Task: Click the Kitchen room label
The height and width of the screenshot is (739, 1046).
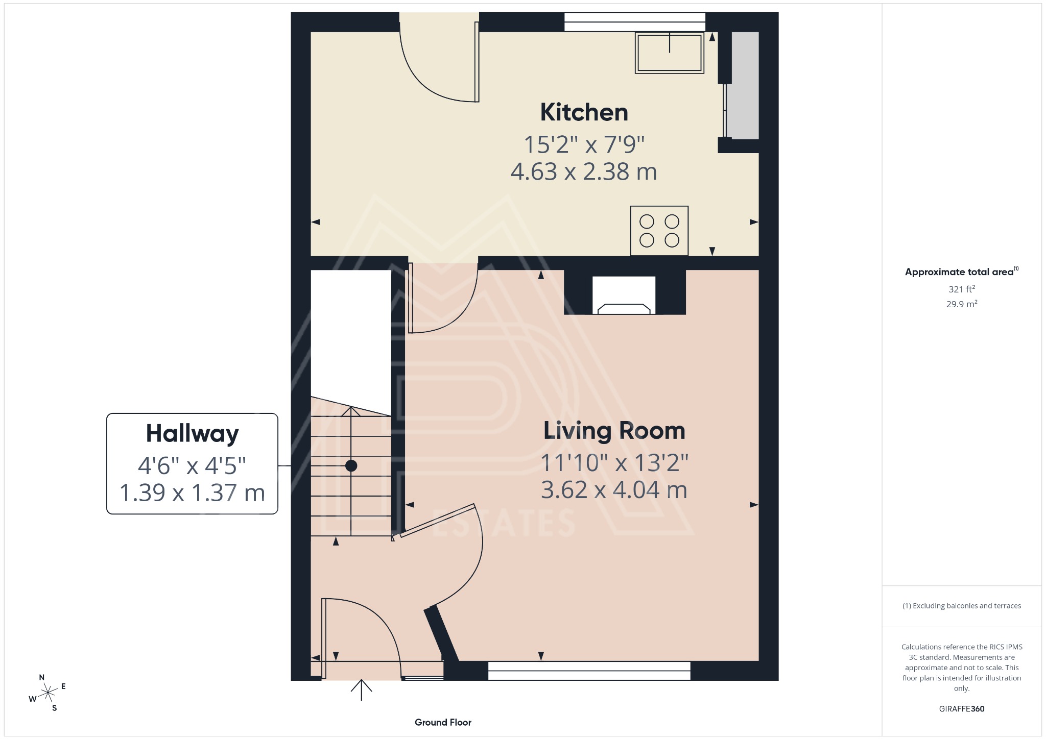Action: pyautogui.click(x=584, y=112)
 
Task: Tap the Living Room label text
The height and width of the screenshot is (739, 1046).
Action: pyautogui.click(x=614, y=431)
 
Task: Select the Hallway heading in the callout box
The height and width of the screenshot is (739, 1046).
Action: pyautogui.click(x=192, y=434)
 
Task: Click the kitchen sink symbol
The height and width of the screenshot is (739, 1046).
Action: pyautogui.click(x=669, y=53)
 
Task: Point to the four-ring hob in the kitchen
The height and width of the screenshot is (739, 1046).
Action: pyautogui.click(x=659, y=231)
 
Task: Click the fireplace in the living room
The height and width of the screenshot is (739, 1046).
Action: pyautogui.click(x=624, y=296)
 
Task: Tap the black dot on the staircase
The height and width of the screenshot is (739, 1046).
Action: pyautogui.click(x=351, y=465)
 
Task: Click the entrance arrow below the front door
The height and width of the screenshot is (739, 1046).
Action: pyautogui.click(x=361, y=689)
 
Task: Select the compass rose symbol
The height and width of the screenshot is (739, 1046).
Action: pyautogui.click(x=48, y=693)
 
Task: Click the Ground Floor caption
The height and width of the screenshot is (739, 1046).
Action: pyautogui.click(x=443, y=722)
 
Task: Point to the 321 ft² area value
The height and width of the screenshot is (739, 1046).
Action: pyautogui.click(x=962, y=289)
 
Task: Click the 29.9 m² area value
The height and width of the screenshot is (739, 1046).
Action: pyautogui.click(x=962, y=304)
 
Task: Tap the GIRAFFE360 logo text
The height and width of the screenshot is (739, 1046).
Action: pyautogui.click(x=962, y=708)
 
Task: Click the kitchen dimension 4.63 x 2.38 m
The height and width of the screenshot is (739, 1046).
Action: pyautogui.click(x=584, y=171)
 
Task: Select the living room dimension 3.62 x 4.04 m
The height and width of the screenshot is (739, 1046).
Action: pyautogui.click(x=614, y=490)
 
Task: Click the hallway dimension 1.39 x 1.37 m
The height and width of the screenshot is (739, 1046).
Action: pyautogui.click(x=192, y=493)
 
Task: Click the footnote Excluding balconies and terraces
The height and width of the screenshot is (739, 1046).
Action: pyautogui.click(x=962, y=606)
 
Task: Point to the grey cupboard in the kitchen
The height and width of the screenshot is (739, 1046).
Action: pyautogui.click(x=745, y=86)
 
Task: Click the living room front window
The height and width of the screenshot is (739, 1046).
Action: pyautogui.click(x=589, y=671)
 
